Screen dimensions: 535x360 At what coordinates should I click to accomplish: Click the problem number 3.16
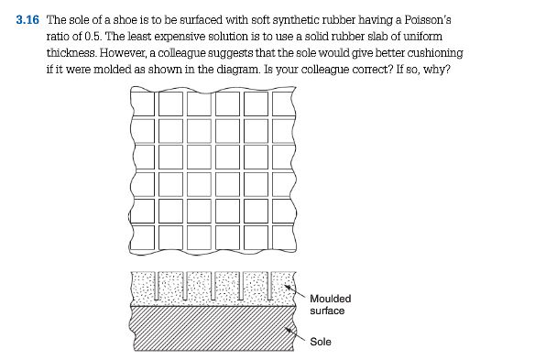[27, 20]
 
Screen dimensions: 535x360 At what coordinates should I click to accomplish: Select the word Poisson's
[428, 20]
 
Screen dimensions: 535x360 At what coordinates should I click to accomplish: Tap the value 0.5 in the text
[93, 36]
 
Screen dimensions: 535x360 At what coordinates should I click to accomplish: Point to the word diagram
[238, 70]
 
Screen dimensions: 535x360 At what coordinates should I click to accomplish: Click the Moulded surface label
[330, 305]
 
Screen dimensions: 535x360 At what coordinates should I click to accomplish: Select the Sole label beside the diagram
[321, 342]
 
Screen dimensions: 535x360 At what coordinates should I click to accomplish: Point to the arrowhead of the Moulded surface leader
[288, 288]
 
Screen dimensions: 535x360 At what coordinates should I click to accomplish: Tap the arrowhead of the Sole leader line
[288, 330]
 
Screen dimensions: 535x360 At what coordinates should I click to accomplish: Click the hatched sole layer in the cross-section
[213, 328]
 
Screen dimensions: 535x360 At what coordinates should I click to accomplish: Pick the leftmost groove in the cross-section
[157, 286]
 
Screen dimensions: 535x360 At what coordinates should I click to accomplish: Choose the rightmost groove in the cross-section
[270, 286]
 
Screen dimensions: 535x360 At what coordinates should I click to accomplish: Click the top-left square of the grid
[143, 104]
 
